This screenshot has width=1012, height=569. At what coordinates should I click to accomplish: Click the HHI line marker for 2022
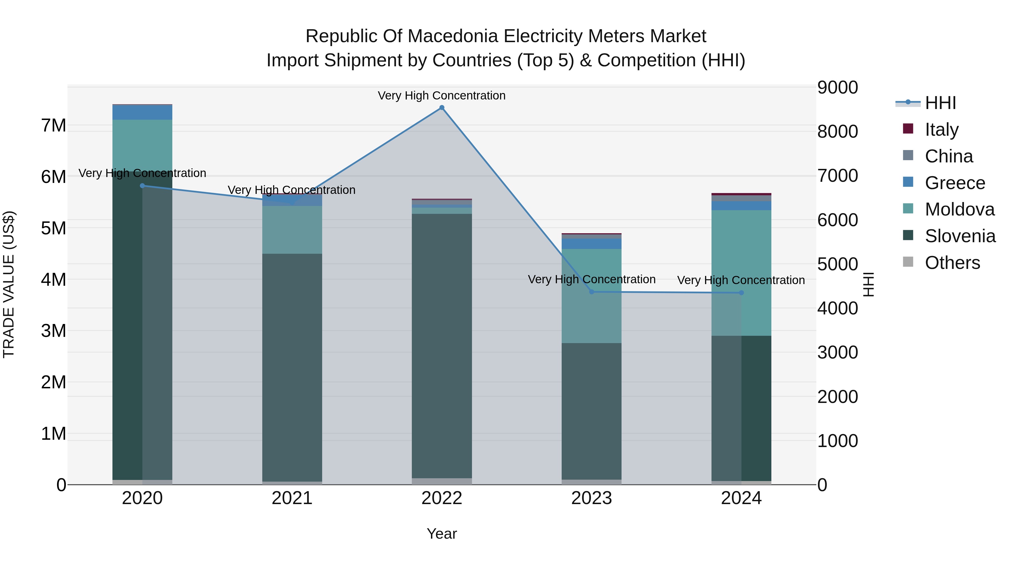442,108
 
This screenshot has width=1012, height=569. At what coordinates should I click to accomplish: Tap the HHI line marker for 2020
142,186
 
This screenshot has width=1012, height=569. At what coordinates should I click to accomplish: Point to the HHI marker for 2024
741,293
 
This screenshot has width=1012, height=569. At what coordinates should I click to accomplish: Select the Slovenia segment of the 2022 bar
442,346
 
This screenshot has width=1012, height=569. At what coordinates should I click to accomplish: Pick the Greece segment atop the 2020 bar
142,112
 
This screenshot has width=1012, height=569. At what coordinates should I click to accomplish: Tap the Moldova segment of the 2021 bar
292,230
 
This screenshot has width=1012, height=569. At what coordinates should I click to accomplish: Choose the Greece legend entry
955,183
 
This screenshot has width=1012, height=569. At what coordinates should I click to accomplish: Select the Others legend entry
952,263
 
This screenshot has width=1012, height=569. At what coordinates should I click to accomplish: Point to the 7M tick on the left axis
54,126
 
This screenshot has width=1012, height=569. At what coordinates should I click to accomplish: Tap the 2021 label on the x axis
292,498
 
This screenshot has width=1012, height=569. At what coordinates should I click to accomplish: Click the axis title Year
442,534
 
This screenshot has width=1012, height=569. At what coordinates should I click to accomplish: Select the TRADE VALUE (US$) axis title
9,284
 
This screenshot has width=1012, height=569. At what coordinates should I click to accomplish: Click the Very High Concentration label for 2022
442,96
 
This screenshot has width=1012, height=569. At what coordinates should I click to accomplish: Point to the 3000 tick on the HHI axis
837,352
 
